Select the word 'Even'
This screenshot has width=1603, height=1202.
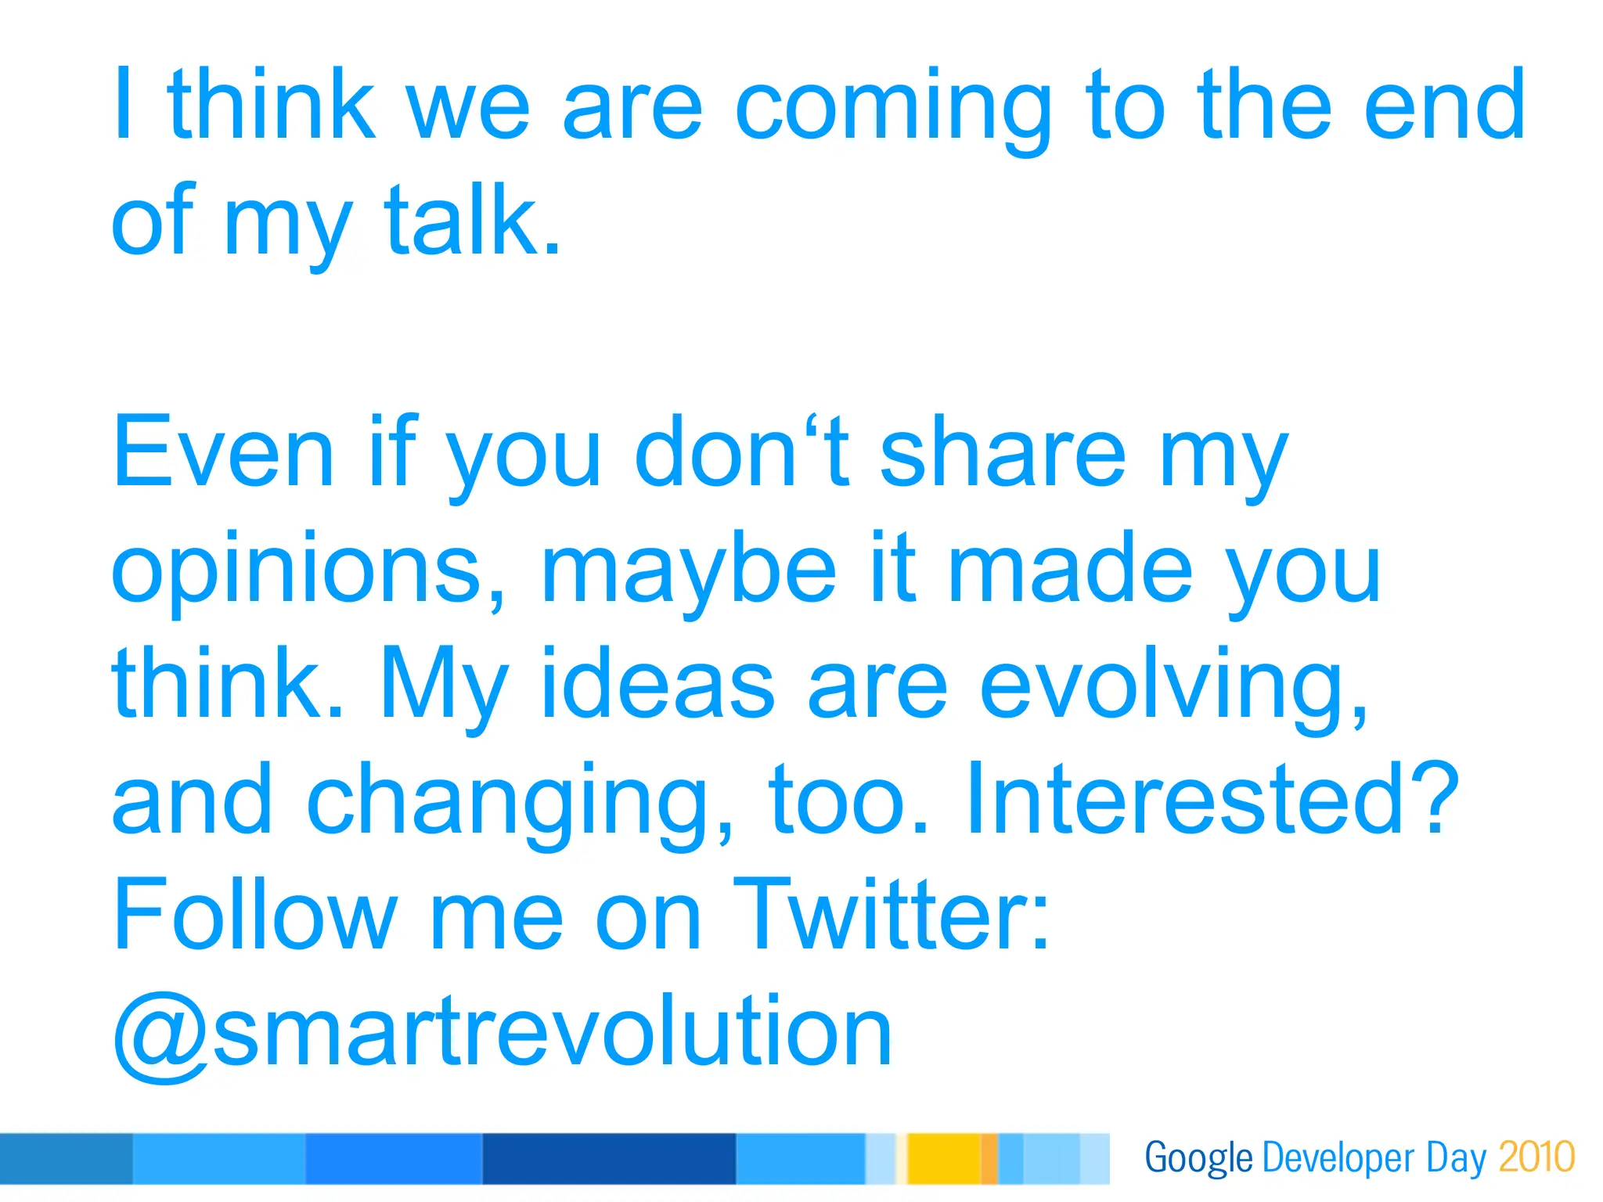pyautogui.click(x=224, y=452)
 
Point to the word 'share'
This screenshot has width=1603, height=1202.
pyautogui.click(x=1003, y=452)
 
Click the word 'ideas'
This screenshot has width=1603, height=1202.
pyautogui.click(x=657, y=682)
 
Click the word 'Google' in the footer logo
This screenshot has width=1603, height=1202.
pyautogui.click(x=1198, y=1157)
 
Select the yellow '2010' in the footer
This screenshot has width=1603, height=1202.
pyautogui.click(x=1536, y=1157)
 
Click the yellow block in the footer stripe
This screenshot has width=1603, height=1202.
pyautogui.click(x=943, y=1158)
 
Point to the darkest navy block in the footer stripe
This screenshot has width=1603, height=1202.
pyautogui.click(x=609, y=1158)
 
